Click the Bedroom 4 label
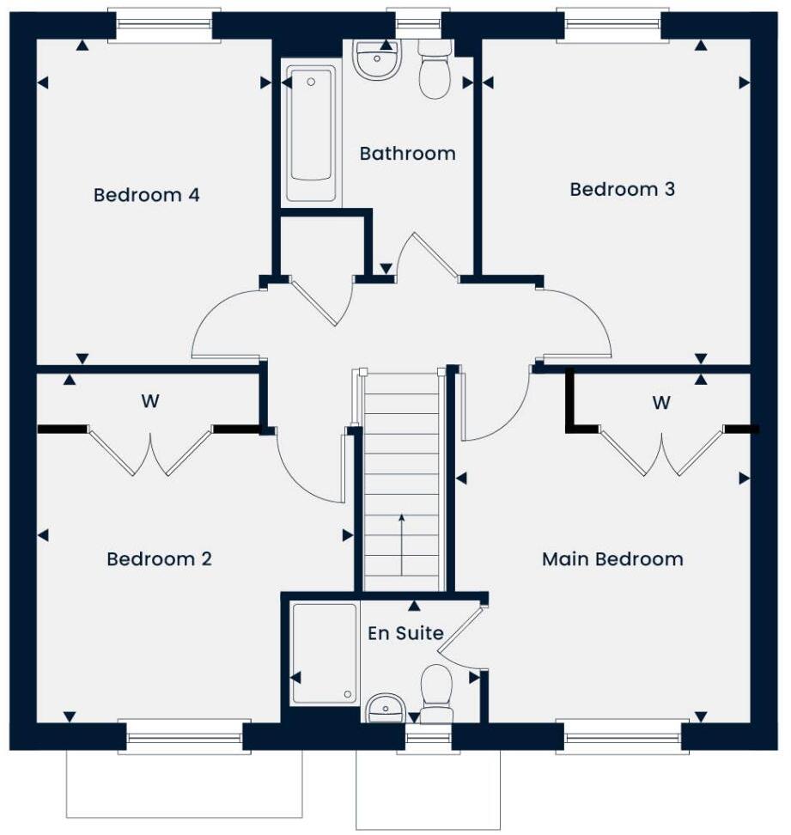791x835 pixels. [146, 195]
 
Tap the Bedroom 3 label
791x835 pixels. [622, 189]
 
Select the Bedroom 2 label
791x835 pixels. [159, 559]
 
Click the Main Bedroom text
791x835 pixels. [612, 559]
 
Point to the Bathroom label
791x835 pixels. [407, 154]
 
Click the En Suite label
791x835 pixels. [405, 634]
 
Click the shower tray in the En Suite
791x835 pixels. [324, 653]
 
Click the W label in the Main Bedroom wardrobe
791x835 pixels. [660, 401]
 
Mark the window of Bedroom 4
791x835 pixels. [162, 25]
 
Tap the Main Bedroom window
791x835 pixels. [623, 736]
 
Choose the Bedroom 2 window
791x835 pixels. [185, 736]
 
